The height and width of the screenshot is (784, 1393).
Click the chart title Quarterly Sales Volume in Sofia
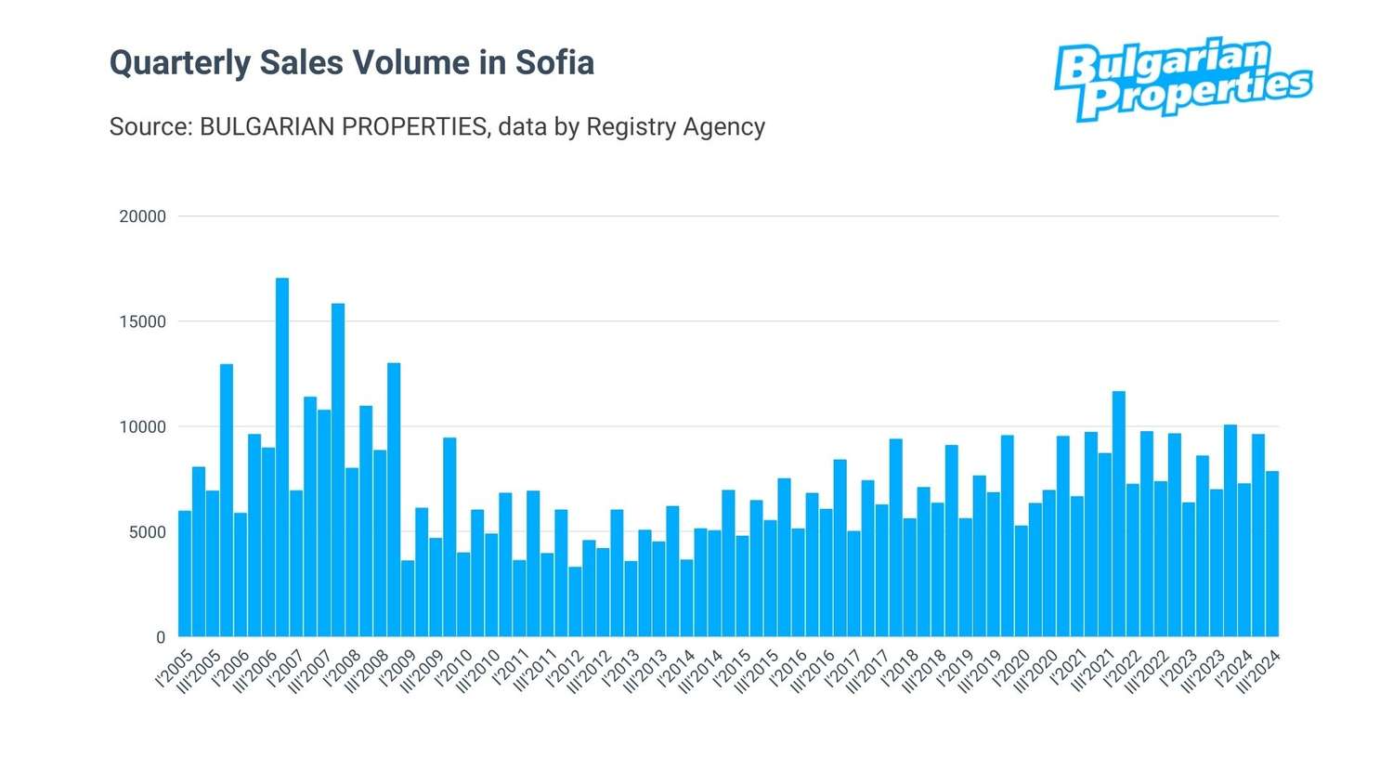(x=352, y=63)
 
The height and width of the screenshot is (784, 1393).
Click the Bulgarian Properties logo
(x=1182, y=80)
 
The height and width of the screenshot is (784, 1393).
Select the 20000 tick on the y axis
(x=142, y=216)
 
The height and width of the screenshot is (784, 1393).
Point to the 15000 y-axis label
(x=142, y=321)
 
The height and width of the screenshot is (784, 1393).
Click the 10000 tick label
(x=142, y=427)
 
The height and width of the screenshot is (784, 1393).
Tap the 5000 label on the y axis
(x=147, y=532)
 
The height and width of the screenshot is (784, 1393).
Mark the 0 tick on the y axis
(x=161, y=637)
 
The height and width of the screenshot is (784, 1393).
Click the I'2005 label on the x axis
(x=175, y=669)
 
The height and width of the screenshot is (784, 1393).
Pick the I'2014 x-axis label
(x=676, y=669)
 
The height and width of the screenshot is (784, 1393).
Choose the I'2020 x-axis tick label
(x=1011, y=669)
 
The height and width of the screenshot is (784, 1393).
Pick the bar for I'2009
(x=408, y=598)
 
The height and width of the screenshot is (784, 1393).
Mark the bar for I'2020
(x=1022, y=581)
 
